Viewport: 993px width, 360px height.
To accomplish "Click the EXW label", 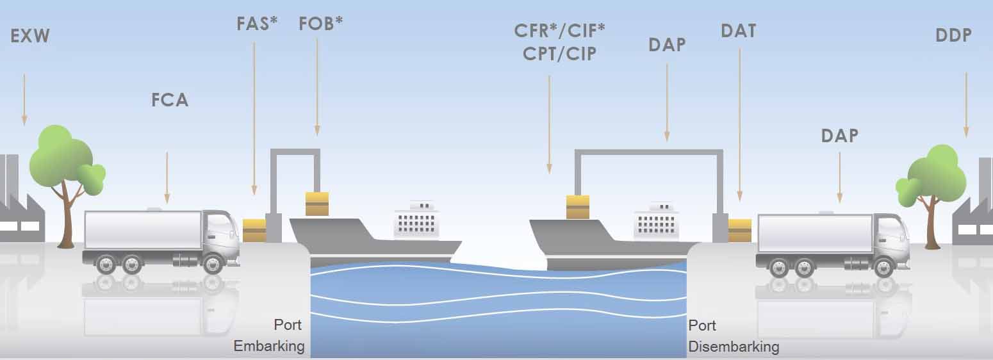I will tap(30, 36).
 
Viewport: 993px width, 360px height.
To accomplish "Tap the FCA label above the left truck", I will tap(170, 100).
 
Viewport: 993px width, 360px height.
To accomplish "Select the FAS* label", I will tap(257, 24).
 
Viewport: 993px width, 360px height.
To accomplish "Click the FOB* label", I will tap(320, 24).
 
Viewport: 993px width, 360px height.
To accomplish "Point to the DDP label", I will tap(953, 36).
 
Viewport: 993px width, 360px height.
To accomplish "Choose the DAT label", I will tap(738, 31).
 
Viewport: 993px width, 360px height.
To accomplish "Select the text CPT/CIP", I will tap(559, 54).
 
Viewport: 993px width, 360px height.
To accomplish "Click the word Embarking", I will tap(268, 347).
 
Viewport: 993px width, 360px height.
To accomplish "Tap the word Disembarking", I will tap(734, 347).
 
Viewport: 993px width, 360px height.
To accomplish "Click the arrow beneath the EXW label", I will tap(24, 99).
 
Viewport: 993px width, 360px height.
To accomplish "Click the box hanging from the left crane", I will tap(317, 204).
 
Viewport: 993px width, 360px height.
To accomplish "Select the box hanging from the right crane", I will tap(577, 207).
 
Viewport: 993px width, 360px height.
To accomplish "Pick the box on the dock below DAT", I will tap(740, 231).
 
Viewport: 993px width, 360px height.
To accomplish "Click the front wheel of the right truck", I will tap(883, 266).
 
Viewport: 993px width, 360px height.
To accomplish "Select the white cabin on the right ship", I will tap(655, 222).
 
